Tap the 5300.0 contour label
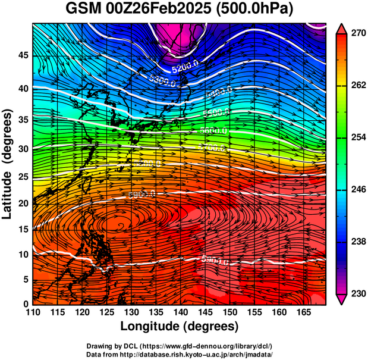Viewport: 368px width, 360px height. (x=163, y=81)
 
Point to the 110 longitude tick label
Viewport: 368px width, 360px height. (x=33, y=312)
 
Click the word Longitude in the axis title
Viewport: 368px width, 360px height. (x=151, y=326)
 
